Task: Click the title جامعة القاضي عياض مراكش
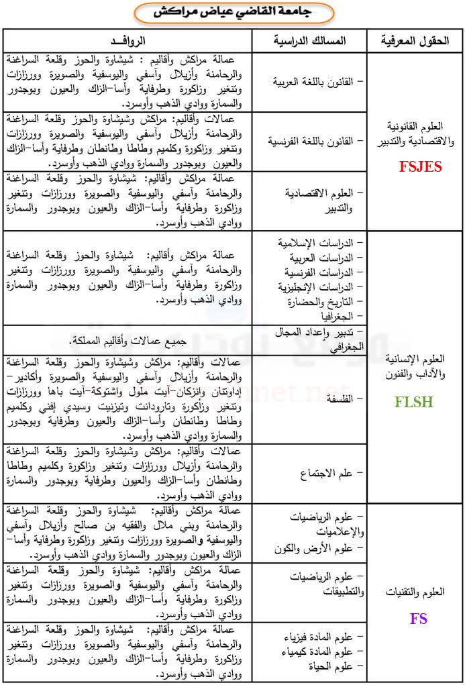[x=233, y=12]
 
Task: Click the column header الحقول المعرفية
[x=415, y=41]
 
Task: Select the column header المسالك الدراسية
[x=309, y=41]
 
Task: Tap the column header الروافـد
[x=127, y=41]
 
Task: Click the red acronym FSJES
[x=420, y=167]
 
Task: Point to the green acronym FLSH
[x=413, y=403]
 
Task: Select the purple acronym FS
[x=419, y=619]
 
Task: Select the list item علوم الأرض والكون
[x=316, y=549]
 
